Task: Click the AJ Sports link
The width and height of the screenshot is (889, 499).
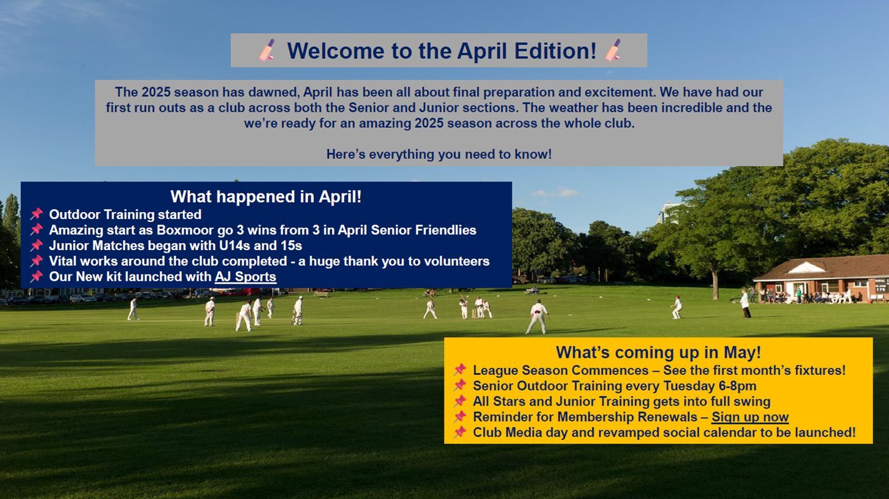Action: point(245,276)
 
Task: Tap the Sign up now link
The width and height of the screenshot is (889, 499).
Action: point(750,417)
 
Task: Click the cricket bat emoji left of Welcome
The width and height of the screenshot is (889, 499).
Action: point(267,50)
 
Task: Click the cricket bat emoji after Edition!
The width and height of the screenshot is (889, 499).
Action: point(613,50)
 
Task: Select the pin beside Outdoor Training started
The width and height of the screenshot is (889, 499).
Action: point(36,214)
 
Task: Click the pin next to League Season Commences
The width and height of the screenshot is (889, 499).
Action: point(459,370)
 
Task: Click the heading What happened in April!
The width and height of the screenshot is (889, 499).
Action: point(266,196)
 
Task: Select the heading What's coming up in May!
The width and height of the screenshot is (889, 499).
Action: point(658,352)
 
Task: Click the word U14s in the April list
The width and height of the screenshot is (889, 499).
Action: point(235,246)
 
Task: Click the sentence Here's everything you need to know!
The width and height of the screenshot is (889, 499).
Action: point(439,154)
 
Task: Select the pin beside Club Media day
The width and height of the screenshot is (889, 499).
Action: point(459,432)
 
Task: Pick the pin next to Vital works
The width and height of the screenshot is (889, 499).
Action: point(36,261)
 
